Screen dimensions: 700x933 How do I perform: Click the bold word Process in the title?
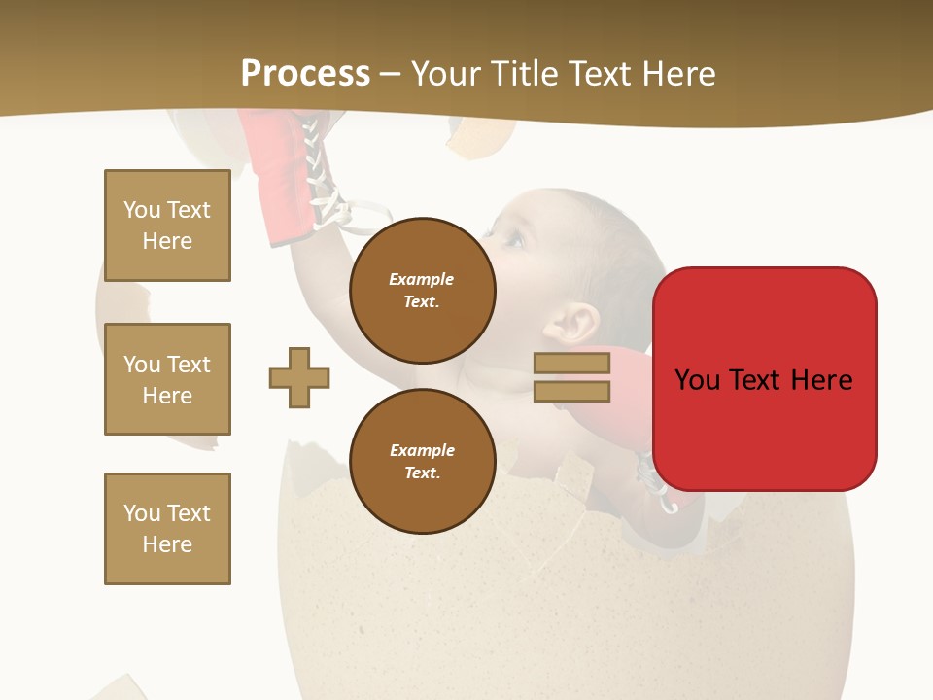coord(305,73)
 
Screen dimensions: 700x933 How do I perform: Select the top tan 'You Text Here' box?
coord(167,226)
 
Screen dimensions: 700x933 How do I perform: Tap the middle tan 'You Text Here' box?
coord(167,379)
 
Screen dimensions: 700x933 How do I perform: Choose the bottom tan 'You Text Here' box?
coord(167,528)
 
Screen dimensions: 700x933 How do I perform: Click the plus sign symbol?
coord(299,377)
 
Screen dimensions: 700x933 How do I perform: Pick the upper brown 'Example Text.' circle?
coord(422,291)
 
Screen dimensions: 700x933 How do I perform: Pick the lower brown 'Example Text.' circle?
coord(422,461)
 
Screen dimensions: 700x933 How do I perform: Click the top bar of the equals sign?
coord(571,364)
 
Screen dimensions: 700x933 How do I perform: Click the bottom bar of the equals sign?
coord(571,392)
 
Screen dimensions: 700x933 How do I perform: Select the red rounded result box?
coord(764,379)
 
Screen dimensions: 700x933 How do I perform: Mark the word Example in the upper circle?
coord(422,279)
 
